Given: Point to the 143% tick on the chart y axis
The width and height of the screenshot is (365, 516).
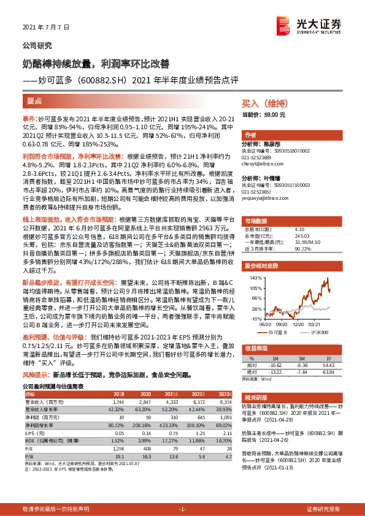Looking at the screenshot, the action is pyautogui.click(x=253, y=278).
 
